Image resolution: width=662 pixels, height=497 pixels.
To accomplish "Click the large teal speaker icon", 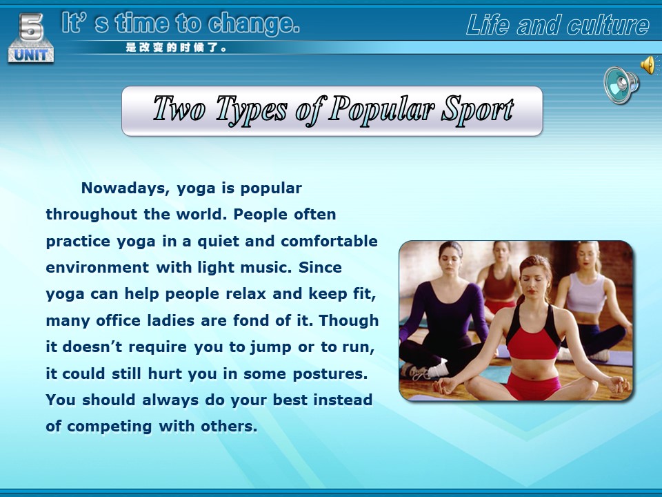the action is point(621,84).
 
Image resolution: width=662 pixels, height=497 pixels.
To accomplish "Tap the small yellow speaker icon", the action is point(648,65).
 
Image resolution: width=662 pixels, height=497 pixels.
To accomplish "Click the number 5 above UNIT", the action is point(31,27).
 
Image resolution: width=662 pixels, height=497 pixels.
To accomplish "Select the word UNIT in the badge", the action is point(31,55).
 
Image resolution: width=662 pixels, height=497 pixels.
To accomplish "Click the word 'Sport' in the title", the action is point(477,110).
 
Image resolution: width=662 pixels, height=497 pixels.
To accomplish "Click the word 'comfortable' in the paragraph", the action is point(330,241).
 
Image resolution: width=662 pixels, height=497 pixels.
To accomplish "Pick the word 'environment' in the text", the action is point(97,268).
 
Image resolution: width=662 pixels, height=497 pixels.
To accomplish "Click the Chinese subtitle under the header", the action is point(176,48).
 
